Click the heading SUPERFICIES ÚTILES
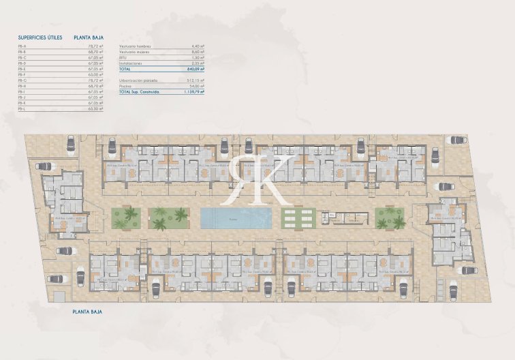click(x=40, y=37)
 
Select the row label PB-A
click(x=22, y=46)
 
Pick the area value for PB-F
click(x=95, y=74)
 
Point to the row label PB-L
click(x=22, y=109)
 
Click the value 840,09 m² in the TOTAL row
click(x=194, y=69)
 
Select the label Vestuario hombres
click(x=135, y=46)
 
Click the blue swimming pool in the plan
click(x=236, y=218)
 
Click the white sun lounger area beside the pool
click(x=297, y=218)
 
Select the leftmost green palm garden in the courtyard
click(x=126, y=218)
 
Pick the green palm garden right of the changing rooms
click(x=390, y=218)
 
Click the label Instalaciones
click(x=131, y=63)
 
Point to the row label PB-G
click(x=22, y=80)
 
